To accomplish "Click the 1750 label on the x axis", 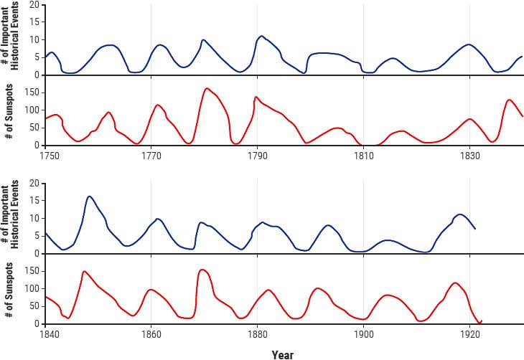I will (48, 154).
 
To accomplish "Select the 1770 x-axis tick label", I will (151, 154).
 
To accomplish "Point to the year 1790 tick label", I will (258, 154).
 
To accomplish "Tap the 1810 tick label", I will (363, 154).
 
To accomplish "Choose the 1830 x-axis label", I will (469, 154).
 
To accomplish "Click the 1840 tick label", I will (48, 333).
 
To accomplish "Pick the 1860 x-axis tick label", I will (151, 333).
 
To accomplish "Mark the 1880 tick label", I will (258, 333).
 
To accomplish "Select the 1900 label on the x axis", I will (363, 333).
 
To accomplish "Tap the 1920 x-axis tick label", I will (469, 333).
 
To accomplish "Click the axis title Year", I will (283, 354).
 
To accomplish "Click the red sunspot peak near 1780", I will (207, 88).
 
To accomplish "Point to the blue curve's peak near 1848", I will (89, 196).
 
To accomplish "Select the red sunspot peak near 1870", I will (202, 270).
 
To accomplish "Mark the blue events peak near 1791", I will (261, 36).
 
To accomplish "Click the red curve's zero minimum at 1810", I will (363, 145).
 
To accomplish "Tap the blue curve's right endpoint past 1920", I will (475, 229).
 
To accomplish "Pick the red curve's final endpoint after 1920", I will (482, 321).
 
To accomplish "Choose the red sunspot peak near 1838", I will (509, 100).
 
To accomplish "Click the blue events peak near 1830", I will (469, 44).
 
